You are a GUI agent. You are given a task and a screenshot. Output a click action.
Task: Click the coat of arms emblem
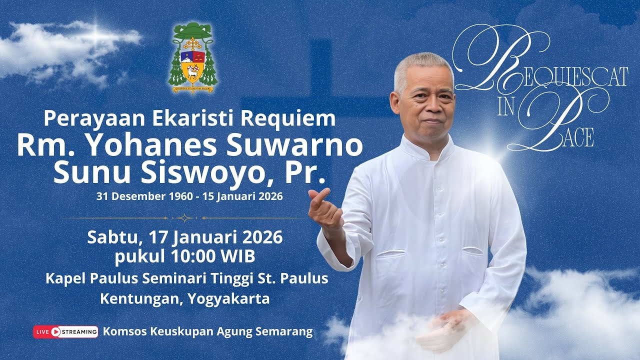[x=192, y=58]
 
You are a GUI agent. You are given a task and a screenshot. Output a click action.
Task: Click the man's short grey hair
[x=422, y=65]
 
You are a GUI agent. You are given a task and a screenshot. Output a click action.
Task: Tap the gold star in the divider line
[x=184, y=218]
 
